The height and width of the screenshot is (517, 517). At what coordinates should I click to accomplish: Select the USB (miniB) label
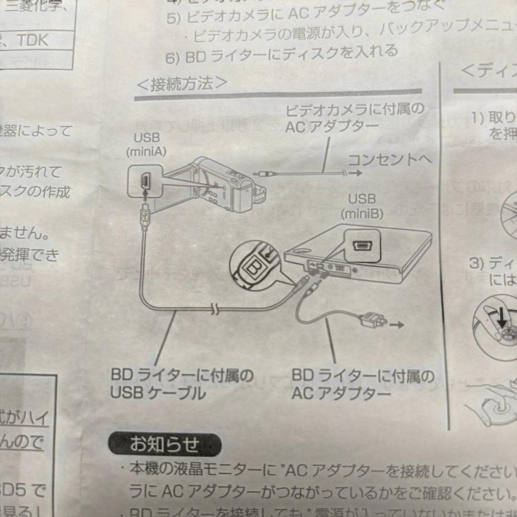pyautogui.click(x=361, y=206)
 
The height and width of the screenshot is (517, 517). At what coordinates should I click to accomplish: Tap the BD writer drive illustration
pyautogui.click(x=359, y=261)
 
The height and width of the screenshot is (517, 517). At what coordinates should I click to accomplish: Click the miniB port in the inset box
pyautogui.click(x=362, y=246)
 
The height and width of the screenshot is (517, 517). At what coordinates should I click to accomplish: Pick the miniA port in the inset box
pyautogui.click(x=145, y=181)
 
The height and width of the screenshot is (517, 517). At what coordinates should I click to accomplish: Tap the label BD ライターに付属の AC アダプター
pyautogui.click(x=363, y=384)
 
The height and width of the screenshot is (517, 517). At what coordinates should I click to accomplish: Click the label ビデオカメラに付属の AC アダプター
pyautogui.click(x=354, y=117)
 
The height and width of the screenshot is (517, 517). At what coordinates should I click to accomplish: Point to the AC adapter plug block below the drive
pyautogui.click(x=373, y=319)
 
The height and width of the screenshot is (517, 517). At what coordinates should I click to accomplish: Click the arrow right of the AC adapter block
pyautogui.click(x=396, y=325)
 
